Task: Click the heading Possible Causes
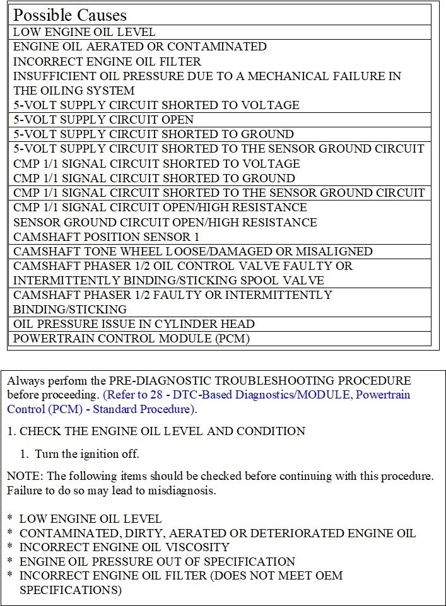click(x=70, y=15)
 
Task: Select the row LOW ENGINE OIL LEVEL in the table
click(x=84, y=32)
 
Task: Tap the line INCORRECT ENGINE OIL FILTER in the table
click(x=107, y=61)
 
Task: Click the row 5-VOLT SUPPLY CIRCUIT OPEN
click(x=103, y=119)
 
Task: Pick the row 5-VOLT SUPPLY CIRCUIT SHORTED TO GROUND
click(x=153, y=134)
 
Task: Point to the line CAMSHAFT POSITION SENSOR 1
click(x=106, y=236)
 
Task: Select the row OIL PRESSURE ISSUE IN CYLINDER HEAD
click(x=134, y=323)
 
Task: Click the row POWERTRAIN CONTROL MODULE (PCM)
click(x=131, y=339)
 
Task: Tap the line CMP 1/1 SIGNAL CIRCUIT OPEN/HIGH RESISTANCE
click(x=160, y=207)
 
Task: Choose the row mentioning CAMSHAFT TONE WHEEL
click(x=192, y=251)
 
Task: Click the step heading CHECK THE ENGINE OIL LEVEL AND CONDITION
click(x=162, y=431)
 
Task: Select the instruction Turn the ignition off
click(x=87, y=453)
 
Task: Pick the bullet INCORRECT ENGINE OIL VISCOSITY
click(x=124, y=547)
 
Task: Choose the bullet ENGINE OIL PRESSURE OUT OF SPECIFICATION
click(x=157, y=561)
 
